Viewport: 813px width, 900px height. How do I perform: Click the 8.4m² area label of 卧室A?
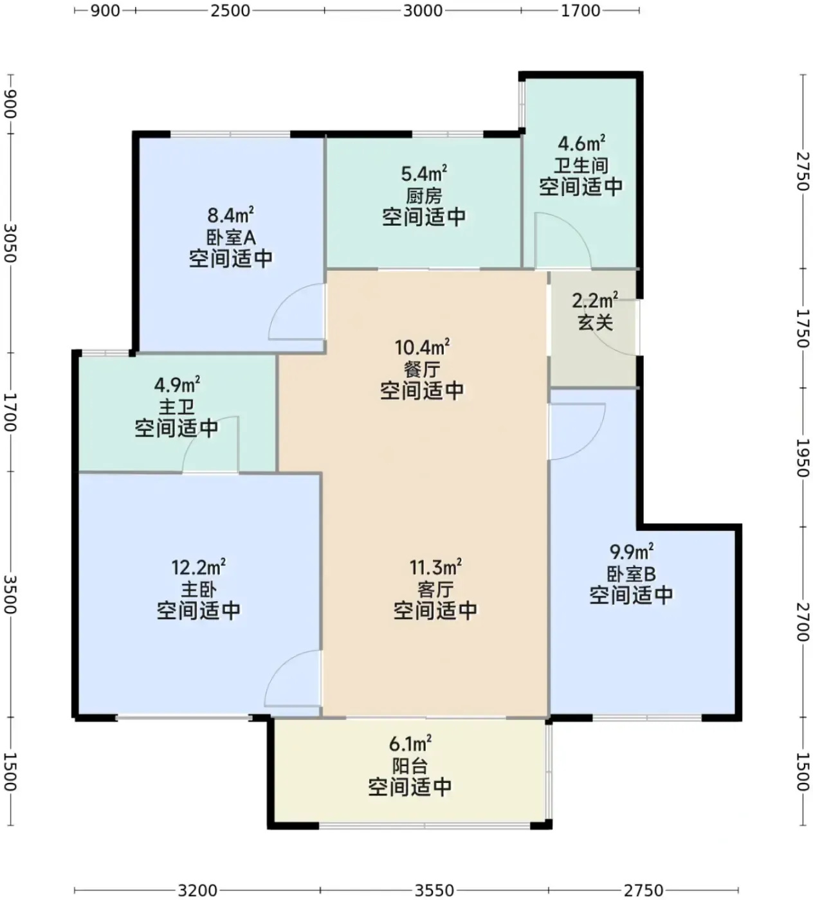pos(230,215)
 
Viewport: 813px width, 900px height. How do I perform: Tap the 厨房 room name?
pos(425,195)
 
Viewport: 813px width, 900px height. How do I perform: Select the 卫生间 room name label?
pos(581,166)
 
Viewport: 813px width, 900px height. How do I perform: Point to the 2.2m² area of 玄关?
pos(595,300)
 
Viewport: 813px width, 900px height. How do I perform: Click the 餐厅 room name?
pos(423,370)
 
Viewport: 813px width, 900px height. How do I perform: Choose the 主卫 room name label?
pos(177,408)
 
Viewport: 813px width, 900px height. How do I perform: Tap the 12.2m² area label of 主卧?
pos(198,567)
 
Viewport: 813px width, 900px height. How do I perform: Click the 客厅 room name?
pos(435,589)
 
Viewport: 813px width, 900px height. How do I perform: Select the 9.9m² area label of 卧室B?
pos(631,552)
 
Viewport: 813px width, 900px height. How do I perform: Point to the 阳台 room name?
pos(410,766)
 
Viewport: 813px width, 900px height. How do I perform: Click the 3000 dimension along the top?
pos(423,10)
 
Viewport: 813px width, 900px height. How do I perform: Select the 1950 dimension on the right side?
pos(803,457)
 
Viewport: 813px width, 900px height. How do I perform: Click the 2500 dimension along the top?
pos(230,10)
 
